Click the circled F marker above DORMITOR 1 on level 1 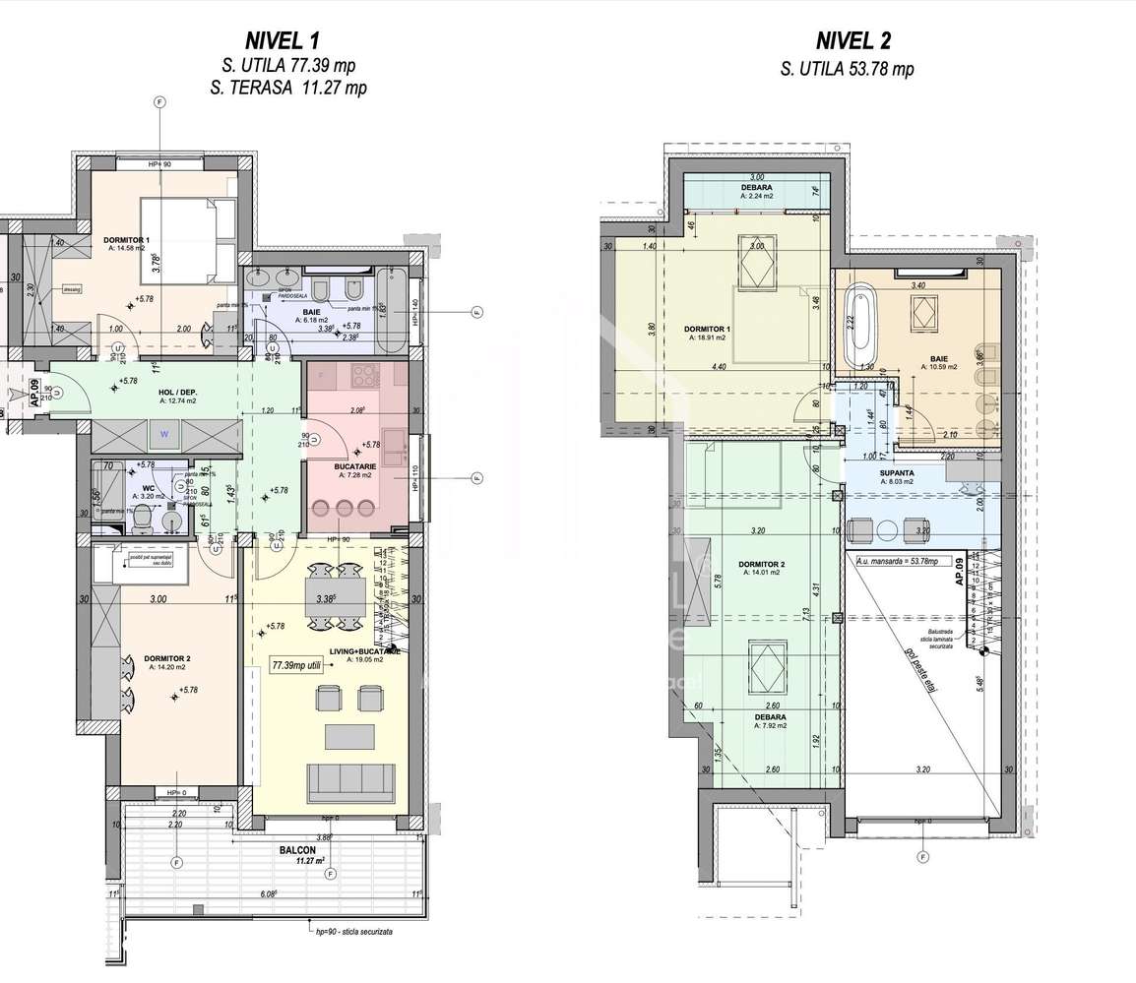tap(159, 102)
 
